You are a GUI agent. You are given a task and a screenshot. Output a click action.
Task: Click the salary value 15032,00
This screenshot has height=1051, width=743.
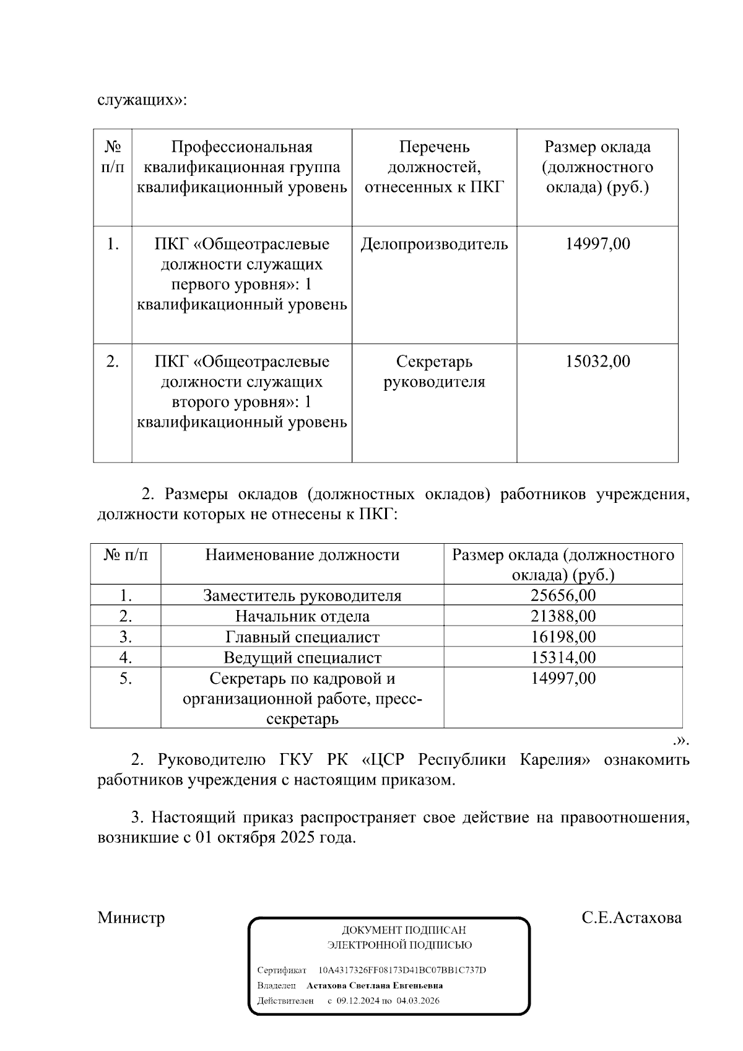597,362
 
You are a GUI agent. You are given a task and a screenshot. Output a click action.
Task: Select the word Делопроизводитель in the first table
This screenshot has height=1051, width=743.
434,244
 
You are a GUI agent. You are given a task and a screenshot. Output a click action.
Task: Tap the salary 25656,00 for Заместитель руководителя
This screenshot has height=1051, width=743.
563,596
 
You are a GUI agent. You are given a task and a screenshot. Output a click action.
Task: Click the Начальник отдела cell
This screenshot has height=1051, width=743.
302,616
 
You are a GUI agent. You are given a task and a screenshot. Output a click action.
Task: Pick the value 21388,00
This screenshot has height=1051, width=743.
563,616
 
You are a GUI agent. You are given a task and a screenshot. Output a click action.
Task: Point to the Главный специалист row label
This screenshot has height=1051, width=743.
302,637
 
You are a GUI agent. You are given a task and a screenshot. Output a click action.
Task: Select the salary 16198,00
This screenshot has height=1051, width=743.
563,637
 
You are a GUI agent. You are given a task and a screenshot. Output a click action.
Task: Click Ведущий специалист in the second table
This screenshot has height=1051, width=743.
302,657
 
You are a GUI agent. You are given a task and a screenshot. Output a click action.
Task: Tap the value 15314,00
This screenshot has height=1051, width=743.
563,657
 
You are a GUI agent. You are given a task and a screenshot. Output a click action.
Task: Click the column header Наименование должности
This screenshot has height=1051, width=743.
302,555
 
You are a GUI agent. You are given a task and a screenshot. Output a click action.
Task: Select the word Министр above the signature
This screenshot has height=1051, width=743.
131,917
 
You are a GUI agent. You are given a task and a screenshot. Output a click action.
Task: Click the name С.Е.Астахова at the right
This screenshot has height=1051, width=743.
631,917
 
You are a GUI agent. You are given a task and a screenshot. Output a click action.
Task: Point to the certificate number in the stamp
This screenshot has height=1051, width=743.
402,970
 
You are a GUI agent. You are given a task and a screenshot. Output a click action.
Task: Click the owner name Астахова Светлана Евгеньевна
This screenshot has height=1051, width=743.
375,985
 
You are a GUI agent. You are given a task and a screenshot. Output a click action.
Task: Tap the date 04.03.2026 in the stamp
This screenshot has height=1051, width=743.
418,1000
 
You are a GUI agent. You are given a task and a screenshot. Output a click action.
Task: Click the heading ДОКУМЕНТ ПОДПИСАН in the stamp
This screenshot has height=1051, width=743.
404,930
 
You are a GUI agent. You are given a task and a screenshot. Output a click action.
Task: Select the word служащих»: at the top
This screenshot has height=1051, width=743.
142,100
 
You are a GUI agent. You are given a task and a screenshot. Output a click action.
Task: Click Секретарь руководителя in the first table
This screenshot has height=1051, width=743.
434,372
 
